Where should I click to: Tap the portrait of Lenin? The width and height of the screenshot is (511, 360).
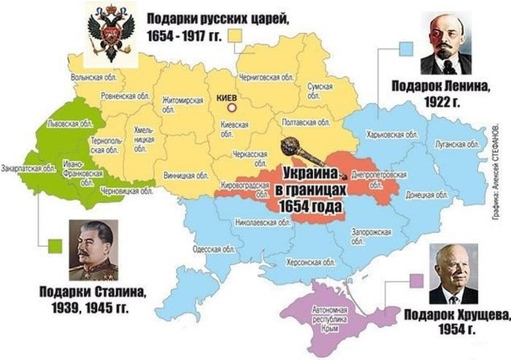tap(446, 45)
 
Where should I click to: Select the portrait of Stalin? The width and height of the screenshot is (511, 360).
tap(93, 250)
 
